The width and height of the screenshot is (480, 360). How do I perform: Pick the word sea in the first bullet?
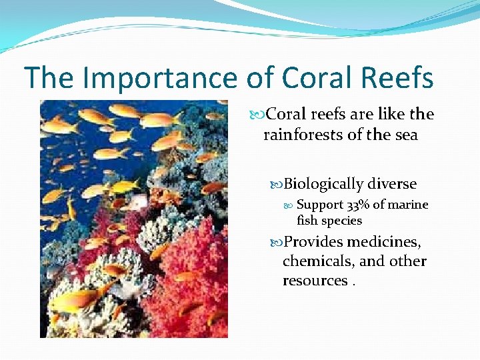405,135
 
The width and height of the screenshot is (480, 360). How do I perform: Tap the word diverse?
392,184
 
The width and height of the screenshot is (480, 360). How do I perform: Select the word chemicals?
317,261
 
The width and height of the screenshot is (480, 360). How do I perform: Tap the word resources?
315,281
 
